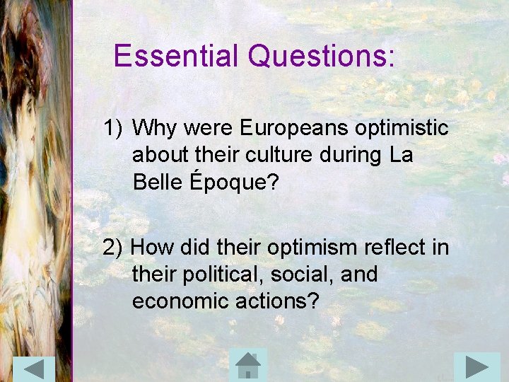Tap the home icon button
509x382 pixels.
tap(248, 365)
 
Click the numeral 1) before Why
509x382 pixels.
tap(114, 129)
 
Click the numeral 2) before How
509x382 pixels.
tap(114, 248)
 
